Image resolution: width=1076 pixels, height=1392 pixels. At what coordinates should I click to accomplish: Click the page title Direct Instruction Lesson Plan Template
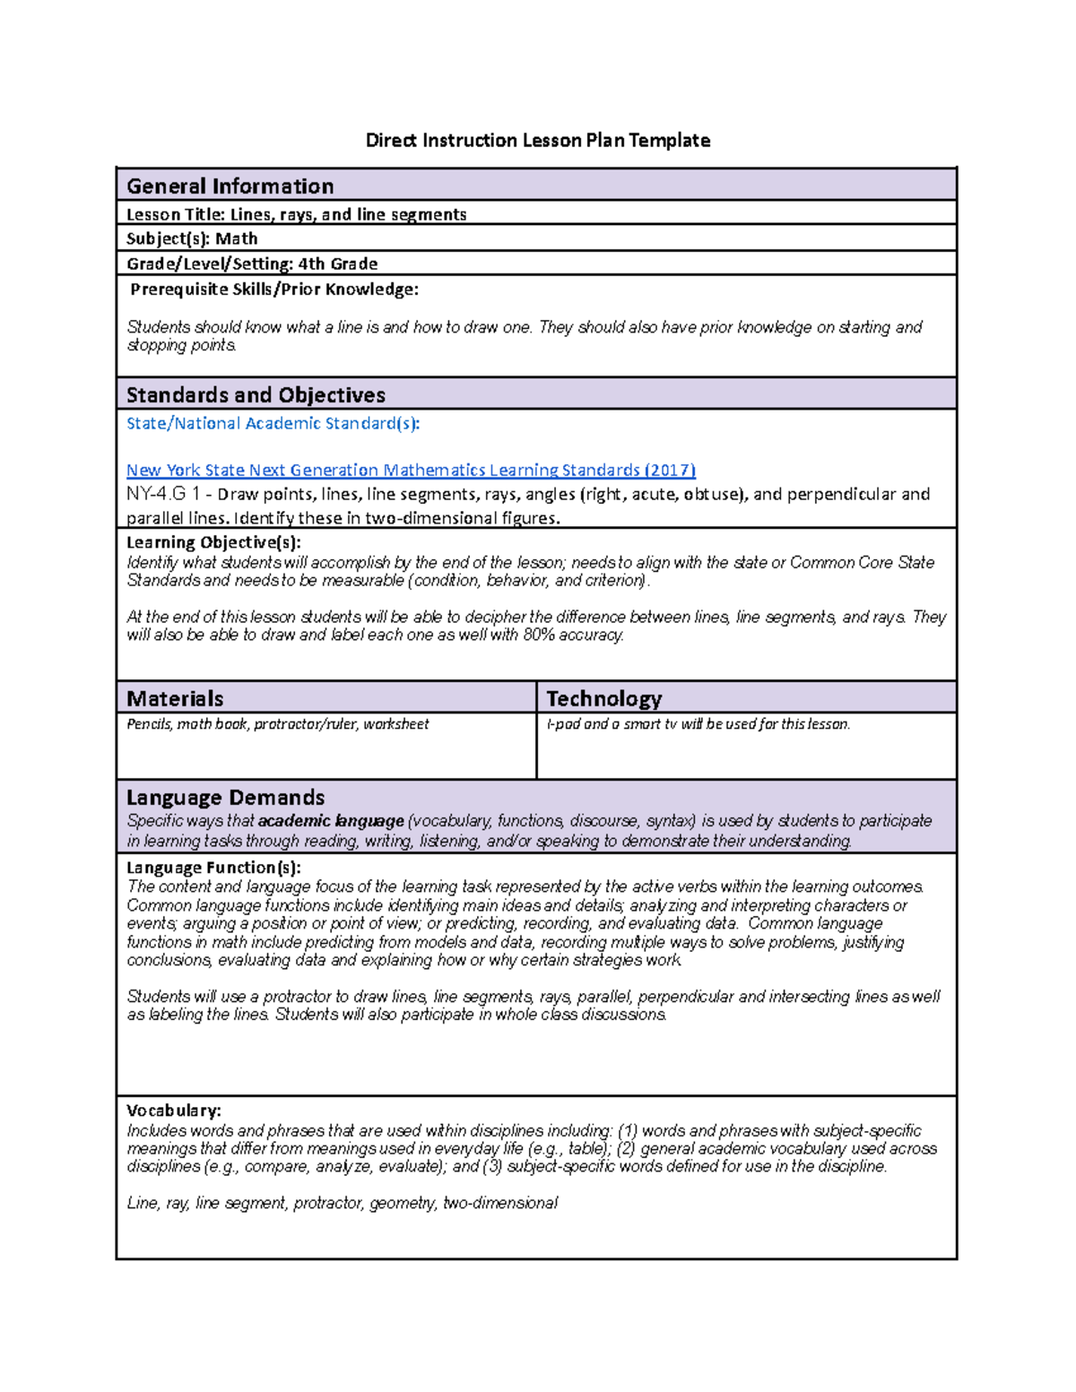point(538,140)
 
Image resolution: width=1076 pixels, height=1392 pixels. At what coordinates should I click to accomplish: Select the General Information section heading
point(230,186)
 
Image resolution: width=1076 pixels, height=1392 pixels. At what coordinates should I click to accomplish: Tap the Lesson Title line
point(296,214)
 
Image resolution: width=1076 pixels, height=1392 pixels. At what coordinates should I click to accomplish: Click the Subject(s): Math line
point(192,238)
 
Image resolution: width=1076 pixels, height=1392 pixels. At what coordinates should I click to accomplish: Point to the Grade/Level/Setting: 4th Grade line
point(252,264)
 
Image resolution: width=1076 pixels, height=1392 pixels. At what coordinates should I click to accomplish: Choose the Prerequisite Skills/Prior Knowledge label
point(274,289)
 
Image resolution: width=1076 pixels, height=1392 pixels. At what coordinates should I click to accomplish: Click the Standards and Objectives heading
point(256,395)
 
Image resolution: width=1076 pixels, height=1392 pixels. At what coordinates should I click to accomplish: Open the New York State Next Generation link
point(411,470)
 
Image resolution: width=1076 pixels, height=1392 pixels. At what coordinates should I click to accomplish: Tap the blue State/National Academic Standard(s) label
point(273,423)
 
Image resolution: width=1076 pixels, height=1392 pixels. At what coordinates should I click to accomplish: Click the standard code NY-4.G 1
point(163,494)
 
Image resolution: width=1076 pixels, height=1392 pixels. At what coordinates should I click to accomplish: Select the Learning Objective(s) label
point(213,542)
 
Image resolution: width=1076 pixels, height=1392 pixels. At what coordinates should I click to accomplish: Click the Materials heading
point(175,698)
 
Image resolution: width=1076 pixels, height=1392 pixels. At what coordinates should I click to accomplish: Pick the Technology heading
point(603,698)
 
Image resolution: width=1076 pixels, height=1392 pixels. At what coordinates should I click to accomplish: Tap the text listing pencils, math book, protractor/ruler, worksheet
point(278,723)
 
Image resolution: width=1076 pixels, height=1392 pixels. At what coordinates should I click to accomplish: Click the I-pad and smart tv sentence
point(698,723)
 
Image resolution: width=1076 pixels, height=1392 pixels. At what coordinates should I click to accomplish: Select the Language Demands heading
point(225,797)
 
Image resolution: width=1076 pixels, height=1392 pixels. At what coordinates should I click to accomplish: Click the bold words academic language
point(331,820)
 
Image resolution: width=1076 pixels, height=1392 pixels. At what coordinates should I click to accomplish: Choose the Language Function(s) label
point(213,867)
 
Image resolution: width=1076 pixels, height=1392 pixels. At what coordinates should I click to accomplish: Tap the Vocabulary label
point(174,1111)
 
